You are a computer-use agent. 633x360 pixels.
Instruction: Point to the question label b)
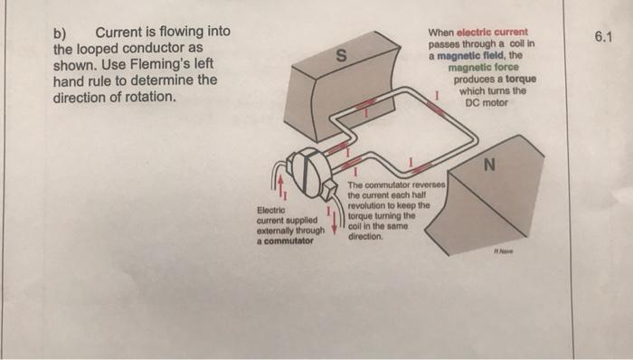[64, 32]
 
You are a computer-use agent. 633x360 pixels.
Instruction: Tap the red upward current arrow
[280, 186]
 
